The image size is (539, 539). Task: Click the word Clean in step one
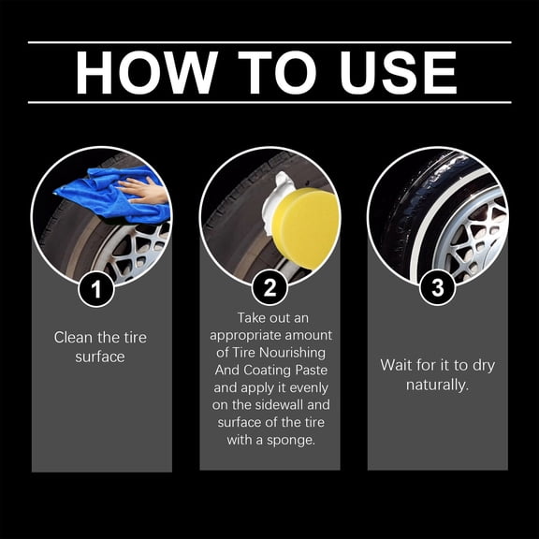tap(74, 338)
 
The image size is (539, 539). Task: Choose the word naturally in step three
tap(437, 384)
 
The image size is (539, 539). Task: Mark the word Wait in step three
tap(397, 365)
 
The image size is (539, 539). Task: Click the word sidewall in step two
tap(282, 405)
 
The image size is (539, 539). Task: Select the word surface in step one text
tap(100, 357)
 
